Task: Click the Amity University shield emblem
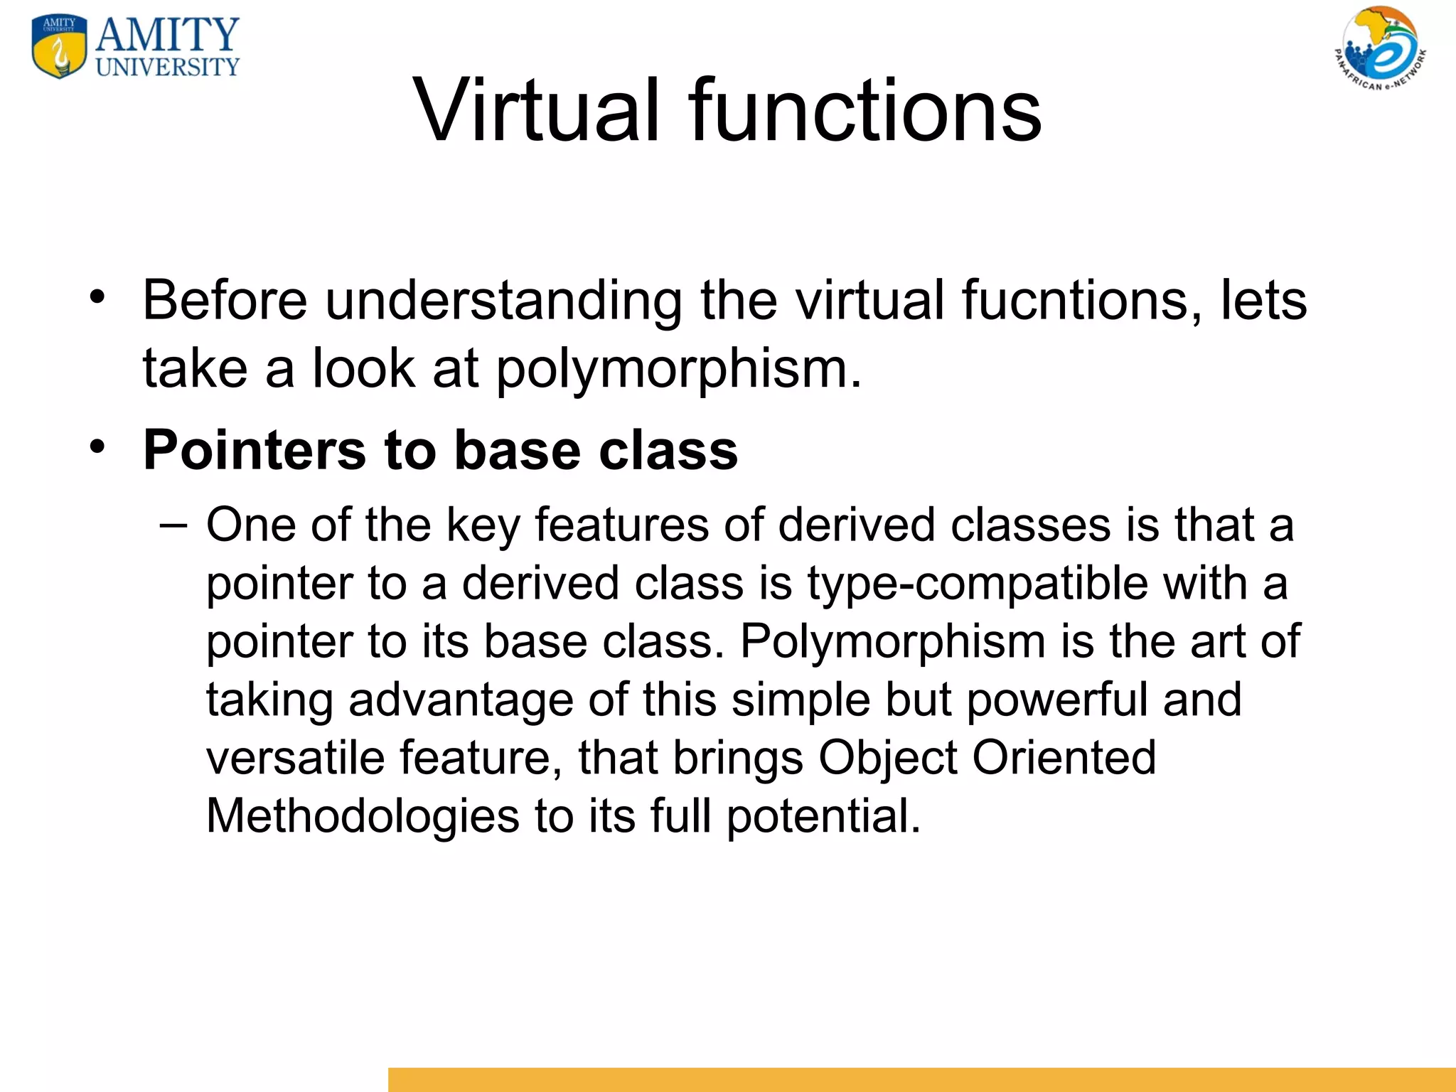(60, 47)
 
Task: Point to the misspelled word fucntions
(1074, 301)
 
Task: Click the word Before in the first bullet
(225, 301)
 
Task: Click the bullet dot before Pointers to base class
(97, 446)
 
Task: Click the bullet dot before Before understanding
(97, 296)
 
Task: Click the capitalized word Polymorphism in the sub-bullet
(892, 641)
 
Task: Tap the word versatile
(295, 758)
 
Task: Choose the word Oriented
(1064, 758)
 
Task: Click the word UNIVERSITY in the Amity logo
(168, 68)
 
